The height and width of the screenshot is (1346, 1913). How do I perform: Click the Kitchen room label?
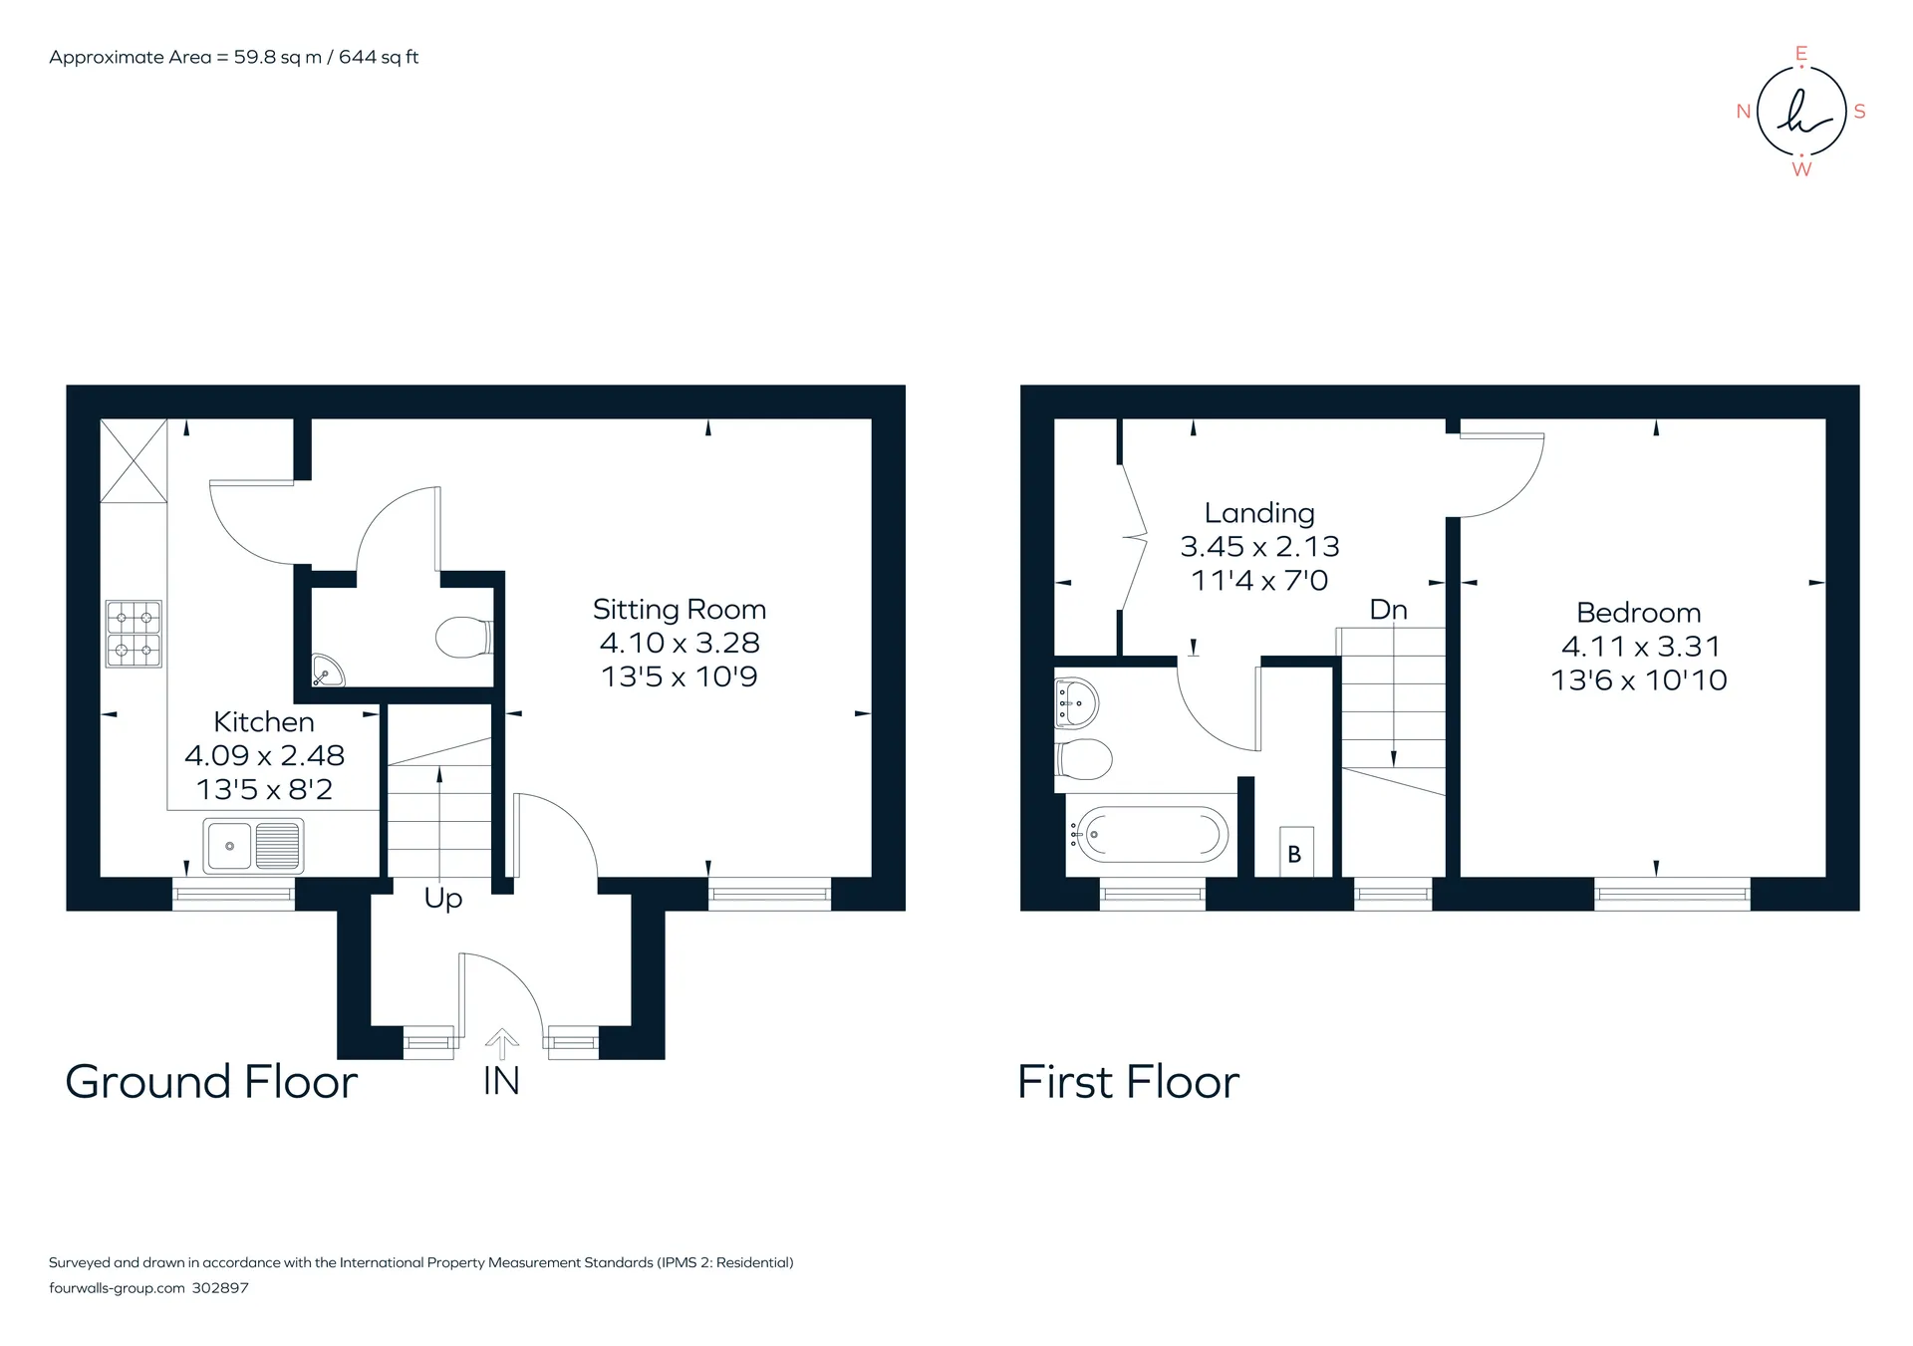tap(264, 721)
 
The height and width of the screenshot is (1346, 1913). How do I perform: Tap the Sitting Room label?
tap(680, 609)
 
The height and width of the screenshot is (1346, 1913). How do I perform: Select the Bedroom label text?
tap(1639, 613)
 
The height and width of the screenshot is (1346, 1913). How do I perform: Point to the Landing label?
tap(1259, 513)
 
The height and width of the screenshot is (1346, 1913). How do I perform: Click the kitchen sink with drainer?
tap(253, 845)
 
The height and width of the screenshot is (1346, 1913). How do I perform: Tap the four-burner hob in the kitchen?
tap(134, 634)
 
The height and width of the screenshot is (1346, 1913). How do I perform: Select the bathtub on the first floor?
tap(1152, 834)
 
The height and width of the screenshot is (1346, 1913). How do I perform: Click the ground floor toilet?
tap(464, 638)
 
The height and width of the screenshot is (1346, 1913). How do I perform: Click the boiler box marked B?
tap(1294, 852)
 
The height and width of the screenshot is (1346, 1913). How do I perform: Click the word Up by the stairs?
tap(443, 899)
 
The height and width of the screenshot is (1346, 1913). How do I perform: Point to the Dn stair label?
tap(1389, 610)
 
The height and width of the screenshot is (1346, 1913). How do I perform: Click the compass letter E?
tap(1801, 54)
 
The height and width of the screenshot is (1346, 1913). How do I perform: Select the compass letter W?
tap(1801, 169)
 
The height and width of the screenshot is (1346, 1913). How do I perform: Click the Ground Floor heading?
tap(211, 1082)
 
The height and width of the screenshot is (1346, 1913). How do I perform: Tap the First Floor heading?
tap(1129, 1082)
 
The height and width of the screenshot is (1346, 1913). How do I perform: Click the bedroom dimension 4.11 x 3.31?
tap(1641, 647)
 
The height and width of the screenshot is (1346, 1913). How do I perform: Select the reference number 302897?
tap(220, 1288)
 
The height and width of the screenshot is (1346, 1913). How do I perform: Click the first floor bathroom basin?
tap(1076, 703)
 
